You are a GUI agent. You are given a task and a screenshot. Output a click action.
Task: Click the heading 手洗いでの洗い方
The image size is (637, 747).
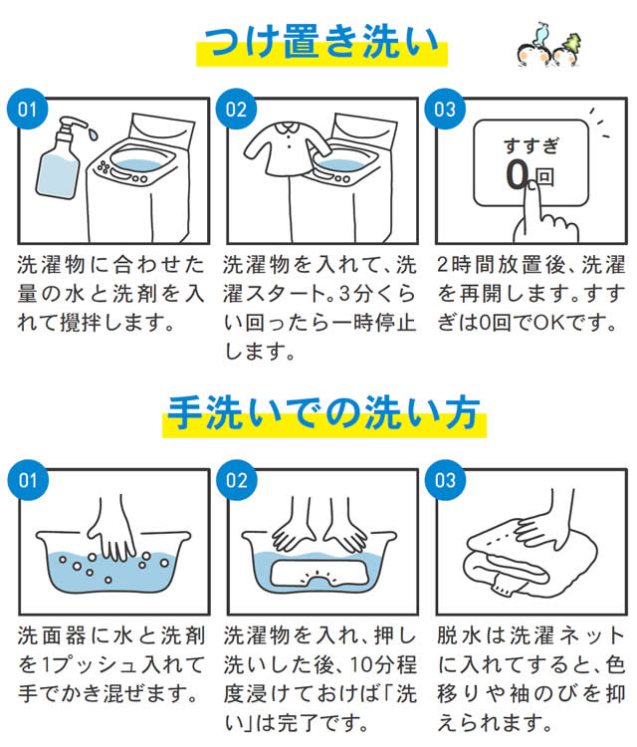click(324, 413)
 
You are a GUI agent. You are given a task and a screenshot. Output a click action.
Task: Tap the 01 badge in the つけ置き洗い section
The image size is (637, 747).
click(27, 110)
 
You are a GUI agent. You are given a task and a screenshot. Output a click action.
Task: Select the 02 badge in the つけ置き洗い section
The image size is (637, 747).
click(236, 110)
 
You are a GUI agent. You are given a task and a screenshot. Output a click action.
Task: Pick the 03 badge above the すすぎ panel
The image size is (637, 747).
click(445, 110)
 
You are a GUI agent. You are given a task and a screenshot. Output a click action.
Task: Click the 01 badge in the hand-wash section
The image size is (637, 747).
click(28, 480)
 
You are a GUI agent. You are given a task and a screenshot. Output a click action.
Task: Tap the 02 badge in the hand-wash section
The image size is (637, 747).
click(237, 480)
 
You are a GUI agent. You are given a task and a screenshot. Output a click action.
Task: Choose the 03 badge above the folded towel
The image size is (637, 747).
click(445, 480)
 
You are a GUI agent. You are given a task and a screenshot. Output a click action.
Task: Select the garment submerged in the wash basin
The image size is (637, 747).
click(318, 573)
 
